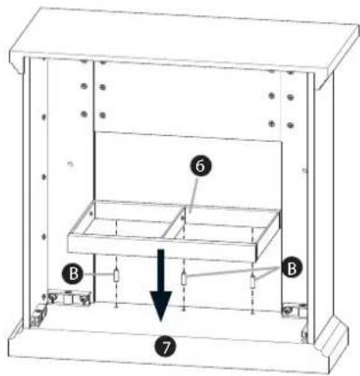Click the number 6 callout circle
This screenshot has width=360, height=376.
[200, 166]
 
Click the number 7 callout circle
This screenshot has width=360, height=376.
[165, 347]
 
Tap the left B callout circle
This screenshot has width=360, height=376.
[72, 274]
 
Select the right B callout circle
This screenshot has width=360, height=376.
[292, 268]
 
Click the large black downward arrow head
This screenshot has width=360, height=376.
[161, 305]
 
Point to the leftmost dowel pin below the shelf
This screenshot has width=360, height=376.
[116, 275]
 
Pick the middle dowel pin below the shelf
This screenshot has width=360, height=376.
[184, 278]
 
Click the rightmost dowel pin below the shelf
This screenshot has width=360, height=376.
[252, 281]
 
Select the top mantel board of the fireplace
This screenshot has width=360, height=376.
[183, 40]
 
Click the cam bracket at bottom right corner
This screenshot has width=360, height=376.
[295, 311]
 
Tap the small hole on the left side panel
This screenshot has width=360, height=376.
[70, 164]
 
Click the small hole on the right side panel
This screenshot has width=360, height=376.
[304, 171]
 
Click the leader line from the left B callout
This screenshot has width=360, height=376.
[98, 274]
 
